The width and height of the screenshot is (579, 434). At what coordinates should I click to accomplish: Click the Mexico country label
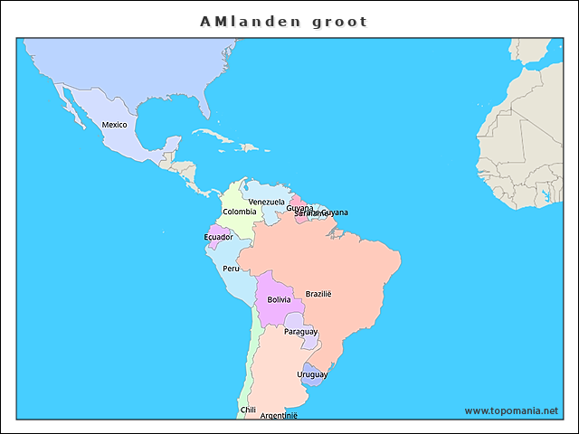[114, 124]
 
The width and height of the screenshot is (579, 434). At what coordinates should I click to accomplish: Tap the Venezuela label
[266, 202]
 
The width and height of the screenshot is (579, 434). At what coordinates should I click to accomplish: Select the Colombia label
[239, 212]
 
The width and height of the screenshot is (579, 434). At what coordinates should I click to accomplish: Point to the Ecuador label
[218, 237]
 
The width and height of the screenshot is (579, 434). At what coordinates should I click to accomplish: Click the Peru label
[232, 269]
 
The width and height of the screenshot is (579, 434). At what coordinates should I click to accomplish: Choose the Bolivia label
[279, 299]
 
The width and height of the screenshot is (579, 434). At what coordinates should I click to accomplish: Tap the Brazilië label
[318, 294]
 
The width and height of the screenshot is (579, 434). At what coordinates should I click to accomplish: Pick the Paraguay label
[300, 332]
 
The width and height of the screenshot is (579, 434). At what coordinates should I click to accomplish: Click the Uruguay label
[312, 373]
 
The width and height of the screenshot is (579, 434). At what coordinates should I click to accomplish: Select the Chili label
[248, 410]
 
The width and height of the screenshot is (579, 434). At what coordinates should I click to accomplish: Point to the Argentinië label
[279, 415]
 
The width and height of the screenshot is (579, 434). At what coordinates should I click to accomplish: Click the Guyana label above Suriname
[299, 207]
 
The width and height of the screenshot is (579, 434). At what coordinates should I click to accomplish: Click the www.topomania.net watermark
[511, 410]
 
